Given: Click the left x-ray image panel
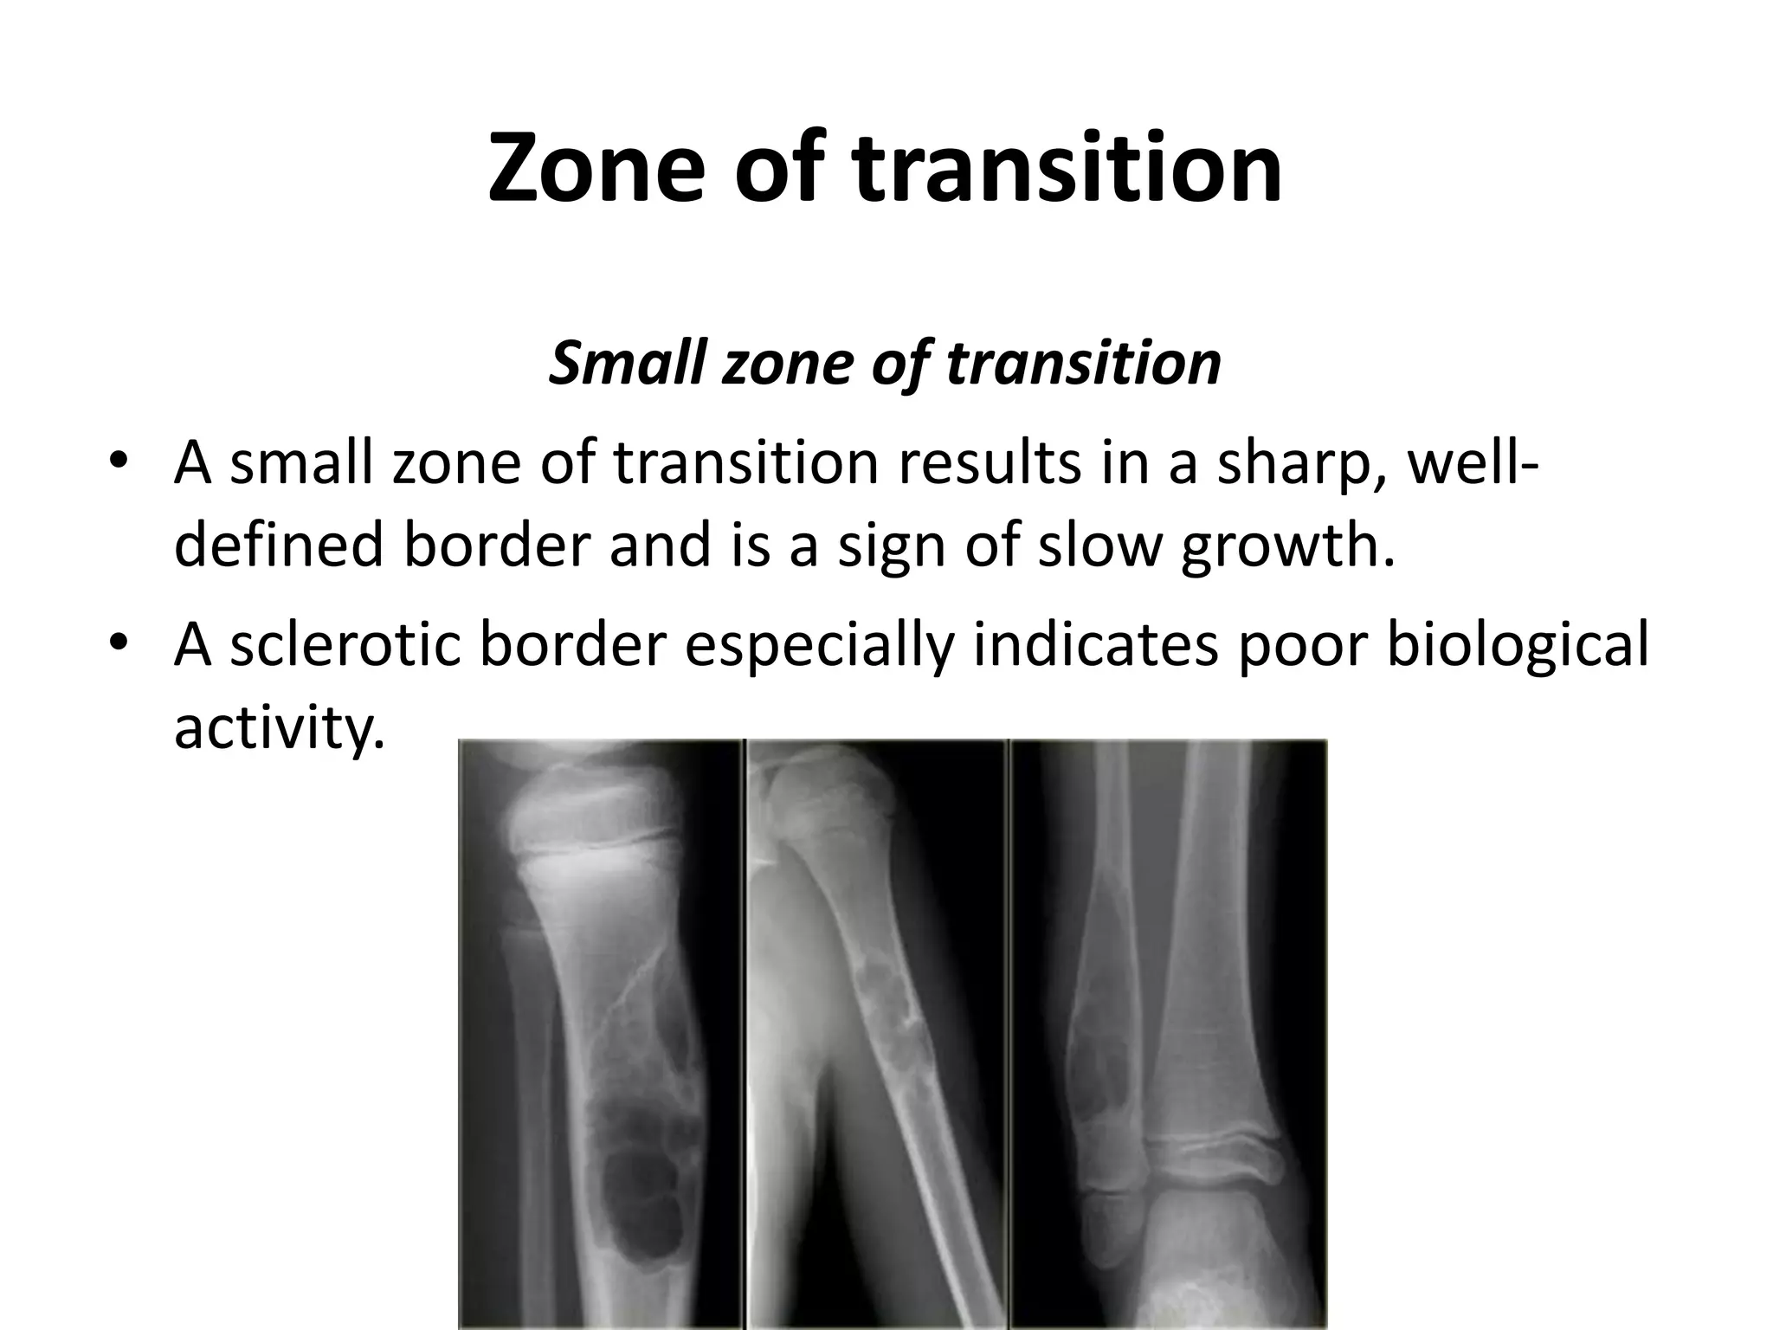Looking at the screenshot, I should (x=601, y=1034).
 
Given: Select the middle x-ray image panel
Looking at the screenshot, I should (x=877, y=1034).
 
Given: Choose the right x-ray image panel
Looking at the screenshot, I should (x=1169, y=1034).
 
